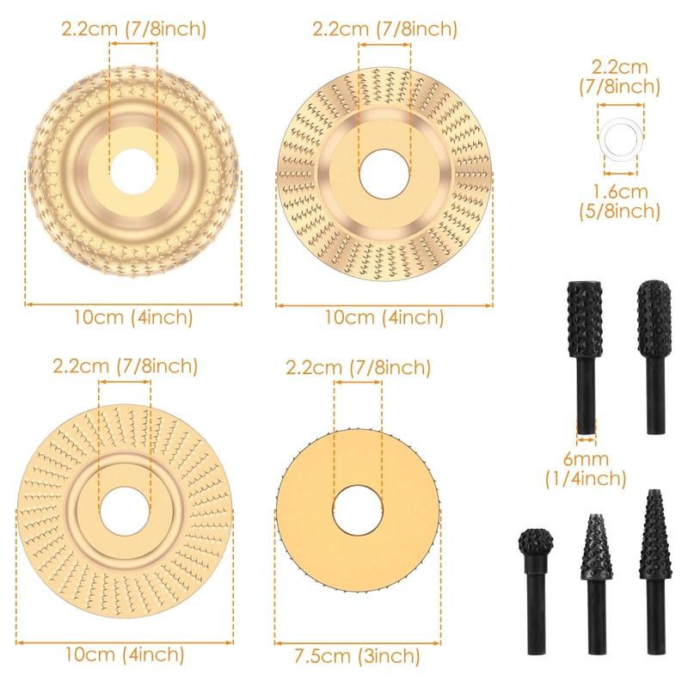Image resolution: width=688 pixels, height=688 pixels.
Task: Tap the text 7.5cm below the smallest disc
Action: click(318, 658)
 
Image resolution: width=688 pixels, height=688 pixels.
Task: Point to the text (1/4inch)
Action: click(585, 479)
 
